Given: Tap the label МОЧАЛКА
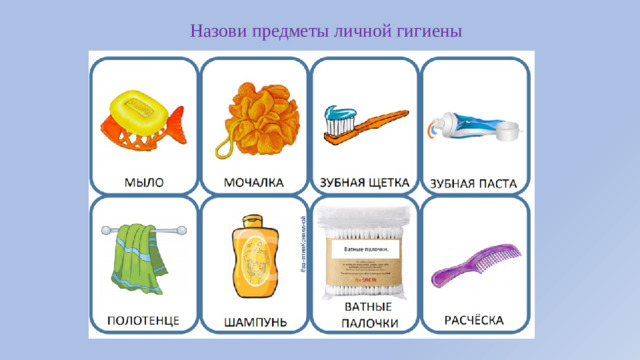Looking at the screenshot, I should (254, 182).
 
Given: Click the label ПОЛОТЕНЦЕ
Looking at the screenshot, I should (144, 319).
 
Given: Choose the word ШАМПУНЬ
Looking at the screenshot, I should (254, 321).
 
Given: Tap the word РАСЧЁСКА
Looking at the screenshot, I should (474, 320).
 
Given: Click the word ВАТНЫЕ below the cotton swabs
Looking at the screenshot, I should (364, 306).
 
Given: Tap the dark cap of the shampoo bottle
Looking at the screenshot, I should (249, 221).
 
